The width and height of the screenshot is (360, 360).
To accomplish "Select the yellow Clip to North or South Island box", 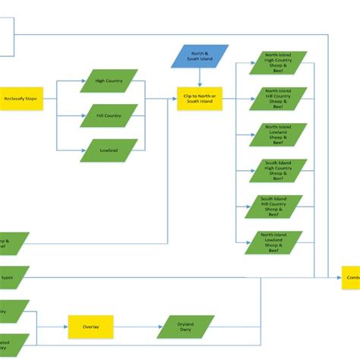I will coord(199,99).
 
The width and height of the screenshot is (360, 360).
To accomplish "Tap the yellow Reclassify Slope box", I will coord(21,99).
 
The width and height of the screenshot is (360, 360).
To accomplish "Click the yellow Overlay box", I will coord(90,327).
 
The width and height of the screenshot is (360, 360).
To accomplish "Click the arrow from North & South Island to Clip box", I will coord(199,76).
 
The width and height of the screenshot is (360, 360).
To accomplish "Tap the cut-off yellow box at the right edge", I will coord(351,278).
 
